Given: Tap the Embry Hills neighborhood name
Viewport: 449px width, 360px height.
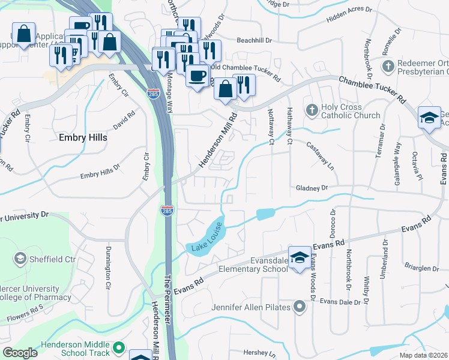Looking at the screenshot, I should coord(83,137).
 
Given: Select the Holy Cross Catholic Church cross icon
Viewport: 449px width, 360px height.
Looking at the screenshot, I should coord(311,109).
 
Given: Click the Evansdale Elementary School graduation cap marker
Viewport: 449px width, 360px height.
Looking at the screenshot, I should coord(299,257).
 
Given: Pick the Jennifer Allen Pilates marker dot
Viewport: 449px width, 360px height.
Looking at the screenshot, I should coord(300,308).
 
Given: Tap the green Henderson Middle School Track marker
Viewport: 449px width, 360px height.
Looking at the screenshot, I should coord(119,347).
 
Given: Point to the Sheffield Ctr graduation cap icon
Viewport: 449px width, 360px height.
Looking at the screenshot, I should coord(20,259).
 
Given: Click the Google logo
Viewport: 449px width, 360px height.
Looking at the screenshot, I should coord(20,352).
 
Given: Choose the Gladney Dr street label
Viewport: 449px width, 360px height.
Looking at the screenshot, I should coord(312,188).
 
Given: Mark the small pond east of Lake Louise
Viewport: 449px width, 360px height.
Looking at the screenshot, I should coord(265,214).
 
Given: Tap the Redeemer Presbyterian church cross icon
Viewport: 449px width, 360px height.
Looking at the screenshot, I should coord(388,64).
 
